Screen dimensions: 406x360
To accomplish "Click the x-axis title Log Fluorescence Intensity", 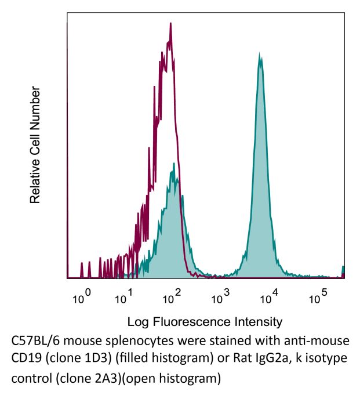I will pyautogui.click(x=205, y=321).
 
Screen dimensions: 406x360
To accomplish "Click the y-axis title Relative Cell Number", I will pyautogui.click(x=36, y=145).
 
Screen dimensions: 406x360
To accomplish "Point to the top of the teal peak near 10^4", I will pyautogui.click(x=260, y=56).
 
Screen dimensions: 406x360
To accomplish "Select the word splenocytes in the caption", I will pyautogui.click(x=140, y=340).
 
